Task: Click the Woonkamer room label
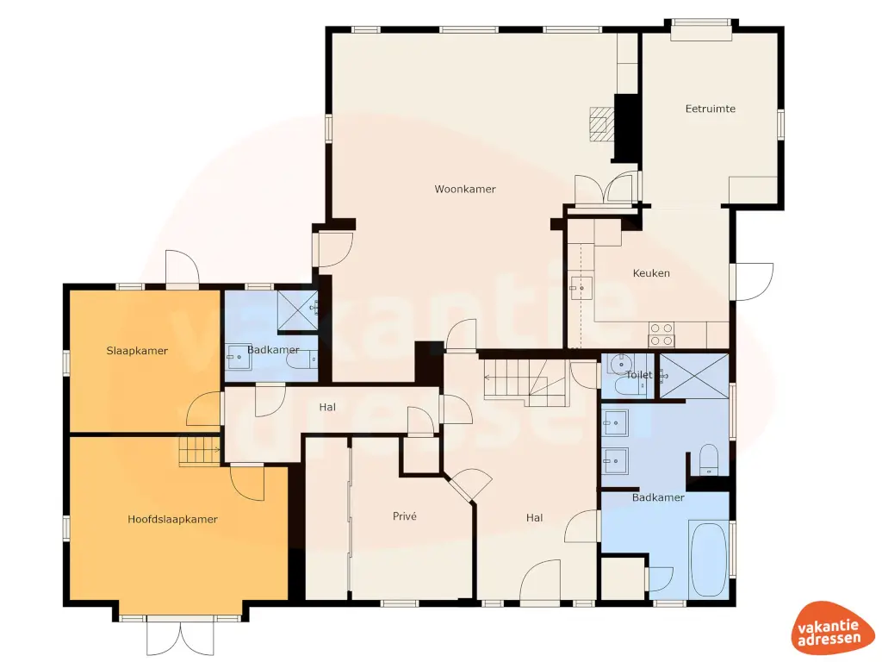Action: coord(465,189)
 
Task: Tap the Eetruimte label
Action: coord(710,109)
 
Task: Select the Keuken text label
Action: coord(651,273)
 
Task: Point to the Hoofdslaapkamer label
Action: coord(172,519)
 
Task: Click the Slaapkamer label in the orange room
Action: coord(137,351)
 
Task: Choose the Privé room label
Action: coord(405,516)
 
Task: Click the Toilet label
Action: coord(639,375)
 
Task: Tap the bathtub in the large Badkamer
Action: coord(709,558)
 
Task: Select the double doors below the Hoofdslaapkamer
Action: coord(179,636)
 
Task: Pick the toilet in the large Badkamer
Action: coord(709,459)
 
